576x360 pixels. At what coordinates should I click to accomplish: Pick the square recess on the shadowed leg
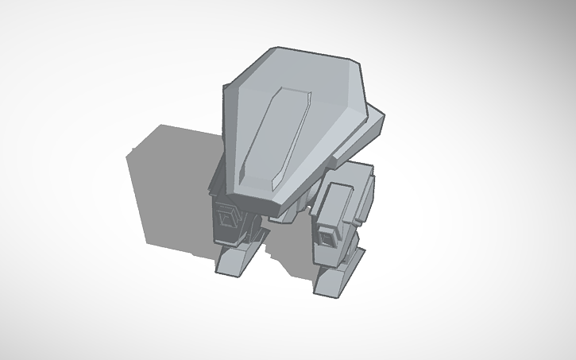tap(228, 215)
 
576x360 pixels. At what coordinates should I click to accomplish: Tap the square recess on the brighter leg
tap(327, 236)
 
